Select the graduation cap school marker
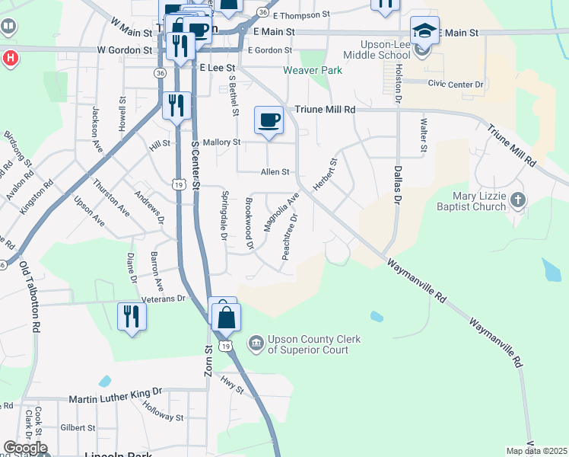(x=424, y=31)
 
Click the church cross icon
(x=517, y=200)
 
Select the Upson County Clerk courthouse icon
(x=255, y=344)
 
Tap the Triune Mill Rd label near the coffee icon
(x=325, y=110)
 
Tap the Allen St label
(x=275, y=172)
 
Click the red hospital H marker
(x=10, y=58)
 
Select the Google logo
(x=25, y=448)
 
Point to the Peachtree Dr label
(x=291, y=238)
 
